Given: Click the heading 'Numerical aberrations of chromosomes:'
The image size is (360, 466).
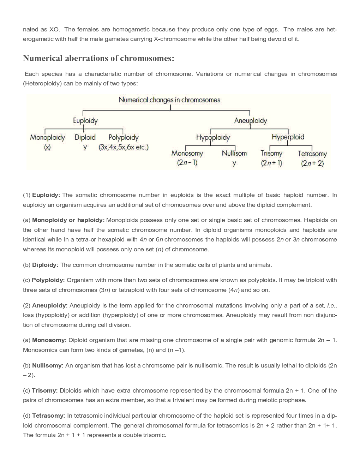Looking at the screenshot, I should [98, 58].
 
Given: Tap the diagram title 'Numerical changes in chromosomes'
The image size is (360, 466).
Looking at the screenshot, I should [169, 100].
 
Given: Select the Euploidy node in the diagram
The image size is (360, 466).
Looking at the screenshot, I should [85, 121].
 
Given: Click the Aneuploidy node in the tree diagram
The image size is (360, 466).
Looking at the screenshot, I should [251, 121].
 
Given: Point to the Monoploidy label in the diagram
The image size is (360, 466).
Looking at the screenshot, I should [47, 137].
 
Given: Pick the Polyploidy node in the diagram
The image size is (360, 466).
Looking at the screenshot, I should [123, 137].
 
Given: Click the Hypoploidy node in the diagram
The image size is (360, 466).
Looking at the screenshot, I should [213, 137].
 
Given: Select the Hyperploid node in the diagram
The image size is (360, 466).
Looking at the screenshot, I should [288, 137].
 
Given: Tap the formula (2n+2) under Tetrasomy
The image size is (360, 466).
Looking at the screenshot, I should [312, 163].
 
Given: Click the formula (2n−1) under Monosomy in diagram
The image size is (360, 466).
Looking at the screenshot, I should [187, 163].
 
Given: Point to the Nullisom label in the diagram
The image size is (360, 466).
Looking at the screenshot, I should [234, 153].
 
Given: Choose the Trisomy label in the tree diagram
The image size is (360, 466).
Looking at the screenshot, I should [271, 153].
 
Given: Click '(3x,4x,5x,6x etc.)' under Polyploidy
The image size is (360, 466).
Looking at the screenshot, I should [124, 147].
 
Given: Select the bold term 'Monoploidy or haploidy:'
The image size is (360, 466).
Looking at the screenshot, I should [68, 220].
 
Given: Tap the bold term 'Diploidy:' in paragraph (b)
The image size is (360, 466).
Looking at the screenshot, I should [45, 265].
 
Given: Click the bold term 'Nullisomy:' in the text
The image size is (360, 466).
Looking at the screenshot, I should [48, 366].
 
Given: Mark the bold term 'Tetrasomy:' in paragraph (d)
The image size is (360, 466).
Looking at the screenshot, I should [49, 416].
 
